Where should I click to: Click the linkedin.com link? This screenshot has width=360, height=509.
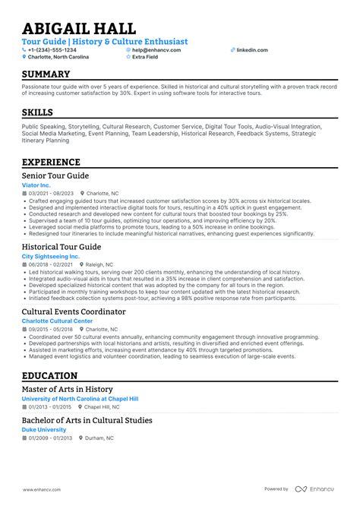[251, 49]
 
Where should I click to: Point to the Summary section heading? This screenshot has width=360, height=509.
[46, 74]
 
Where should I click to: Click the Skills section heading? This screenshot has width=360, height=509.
[37, 113]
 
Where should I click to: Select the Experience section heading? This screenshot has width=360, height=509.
[51, 162]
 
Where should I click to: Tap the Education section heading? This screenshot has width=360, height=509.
[49, 375]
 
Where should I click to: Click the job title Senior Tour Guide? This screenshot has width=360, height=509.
[55, 175]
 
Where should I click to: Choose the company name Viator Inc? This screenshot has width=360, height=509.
[37, 185]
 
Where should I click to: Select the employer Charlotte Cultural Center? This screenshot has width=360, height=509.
[57, 321]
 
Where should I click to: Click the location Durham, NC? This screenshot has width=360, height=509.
[100, 438]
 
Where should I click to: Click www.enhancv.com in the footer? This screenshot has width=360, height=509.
[43, 489]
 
